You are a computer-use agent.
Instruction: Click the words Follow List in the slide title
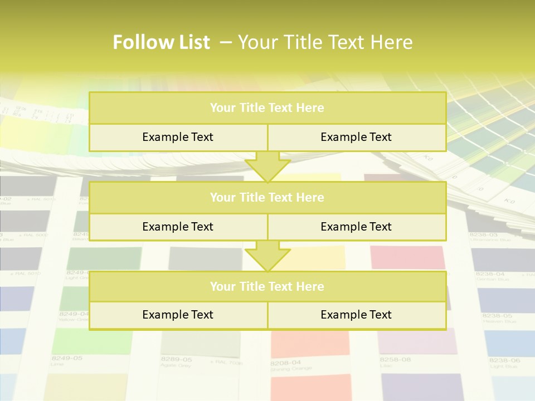tap(161, 42)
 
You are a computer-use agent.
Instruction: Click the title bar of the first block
tap(267, 108)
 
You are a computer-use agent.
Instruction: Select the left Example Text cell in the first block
tap(178, 138)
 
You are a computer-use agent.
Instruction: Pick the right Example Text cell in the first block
tap(356, 138)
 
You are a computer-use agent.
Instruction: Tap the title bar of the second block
tap(267, 198)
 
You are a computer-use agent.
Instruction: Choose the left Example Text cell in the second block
tap(178, 227)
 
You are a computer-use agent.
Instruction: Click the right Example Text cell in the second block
tap(356, 227)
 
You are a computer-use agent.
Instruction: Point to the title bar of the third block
tap(267, 287)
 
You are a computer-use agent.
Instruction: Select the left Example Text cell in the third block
tap(178, 315)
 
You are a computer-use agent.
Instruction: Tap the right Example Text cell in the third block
tap(356, 315)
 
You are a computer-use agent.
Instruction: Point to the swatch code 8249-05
tap(66, 358)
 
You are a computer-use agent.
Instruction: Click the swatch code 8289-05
tap(176, 359)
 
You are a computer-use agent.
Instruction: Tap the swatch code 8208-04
tap(285, 363)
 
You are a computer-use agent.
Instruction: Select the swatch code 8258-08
tap(395, 360)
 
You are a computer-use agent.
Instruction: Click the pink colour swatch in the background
tap(407, 257)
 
